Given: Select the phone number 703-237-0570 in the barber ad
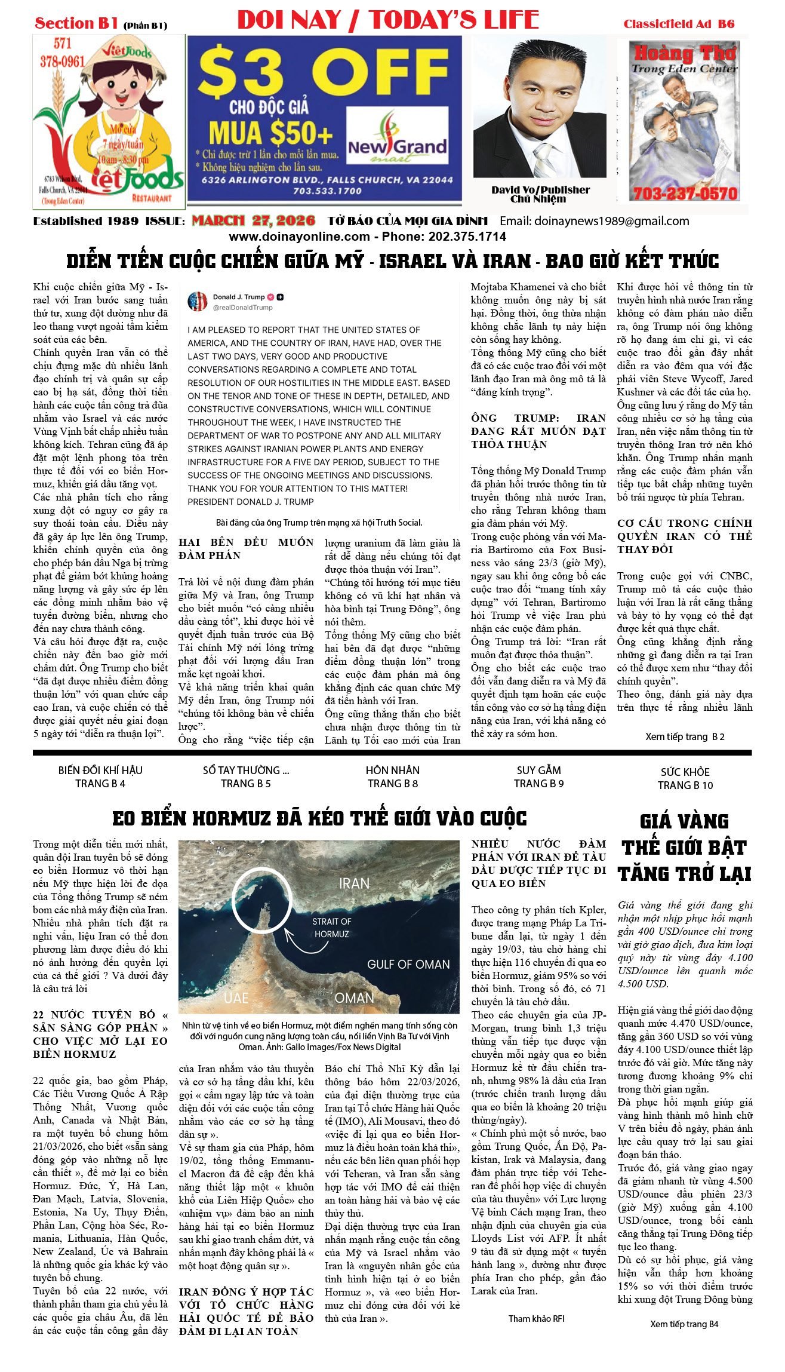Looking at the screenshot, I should tap(685, 194).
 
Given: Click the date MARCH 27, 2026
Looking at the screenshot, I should tap(253, 221).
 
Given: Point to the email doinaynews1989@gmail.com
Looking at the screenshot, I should tap(594, 221).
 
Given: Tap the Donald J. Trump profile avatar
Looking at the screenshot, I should tap(198, 302).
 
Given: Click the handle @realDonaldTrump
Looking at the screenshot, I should tap(242, 308).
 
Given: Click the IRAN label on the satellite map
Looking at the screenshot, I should tap(354, 883).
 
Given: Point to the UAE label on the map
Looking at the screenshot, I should tap(236, 997).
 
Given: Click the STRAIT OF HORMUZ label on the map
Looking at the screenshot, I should tap(331, 928).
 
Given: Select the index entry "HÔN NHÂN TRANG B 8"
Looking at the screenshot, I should tap(393, 776).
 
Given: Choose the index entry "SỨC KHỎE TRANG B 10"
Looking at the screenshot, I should tap(685, 778).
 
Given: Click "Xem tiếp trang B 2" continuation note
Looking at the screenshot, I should tap(685, 736).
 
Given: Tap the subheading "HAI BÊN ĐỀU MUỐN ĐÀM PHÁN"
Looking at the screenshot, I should tap(246, 548).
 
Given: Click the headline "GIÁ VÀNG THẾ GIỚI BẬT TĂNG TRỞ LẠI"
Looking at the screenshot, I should tap(684, 848).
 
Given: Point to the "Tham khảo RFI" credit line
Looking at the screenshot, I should tap(536, 1318).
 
